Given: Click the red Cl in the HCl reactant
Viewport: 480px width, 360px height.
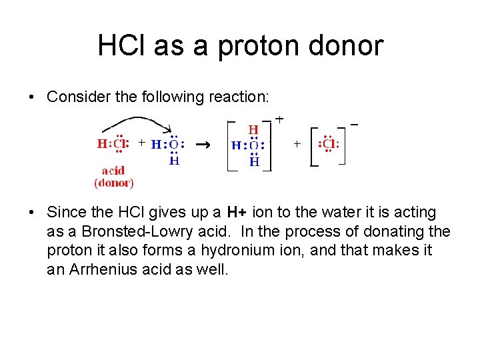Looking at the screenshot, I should pos(120,143).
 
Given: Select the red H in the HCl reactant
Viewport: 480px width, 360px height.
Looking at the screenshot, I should pos(101,143).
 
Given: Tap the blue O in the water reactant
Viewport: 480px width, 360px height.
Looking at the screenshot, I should pos(173,144).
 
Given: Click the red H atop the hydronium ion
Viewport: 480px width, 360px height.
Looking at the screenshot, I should pos(254,129).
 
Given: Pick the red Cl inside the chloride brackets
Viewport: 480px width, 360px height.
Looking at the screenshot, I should pos(329,144).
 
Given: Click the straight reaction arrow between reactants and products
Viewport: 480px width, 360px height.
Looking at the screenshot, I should pos(205,144).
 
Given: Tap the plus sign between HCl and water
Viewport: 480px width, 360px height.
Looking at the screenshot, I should pos(141,143).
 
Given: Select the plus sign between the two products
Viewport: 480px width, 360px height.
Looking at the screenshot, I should pos(297,143).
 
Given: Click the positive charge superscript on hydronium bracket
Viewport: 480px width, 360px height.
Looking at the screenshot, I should pos(279,119).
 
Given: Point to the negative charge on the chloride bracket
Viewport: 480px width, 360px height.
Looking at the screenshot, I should pos(354,124).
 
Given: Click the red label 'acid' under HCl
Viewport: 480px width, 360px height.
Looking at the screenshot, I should pos(113,170).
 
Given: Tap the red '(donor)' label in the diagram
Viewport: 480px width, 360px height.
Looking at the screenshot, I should pos(114,182).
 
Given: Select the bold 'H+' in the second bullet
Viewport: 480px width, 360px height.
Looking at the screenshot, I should pos(237,213).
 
